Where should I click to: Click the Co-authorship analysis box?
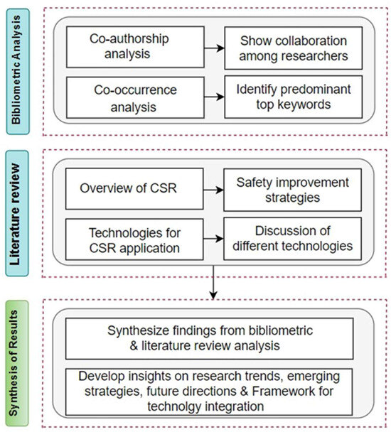point(135,47)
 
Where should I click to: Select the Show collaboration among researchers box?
point(294,48)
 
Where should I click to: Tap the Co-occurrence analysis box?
point(135,97)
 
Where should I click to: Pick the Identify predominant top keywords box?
point(294,97)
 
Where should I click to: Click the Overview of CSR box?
point(134,189)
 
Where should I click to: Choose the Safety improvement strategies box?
point(293,190)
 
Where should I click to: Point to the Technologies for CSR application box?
point(134,239)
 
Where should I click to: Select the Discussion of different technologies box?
point(293,239)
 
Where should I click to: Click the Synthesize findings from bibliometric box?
point(210,339)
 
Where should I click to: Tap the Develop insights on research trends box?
point(209,391)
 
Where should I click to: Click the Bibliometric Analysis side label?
point(18,71)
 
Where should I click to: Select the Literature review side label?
point(17,213)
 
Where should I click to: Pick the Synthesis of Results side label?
point(17,363)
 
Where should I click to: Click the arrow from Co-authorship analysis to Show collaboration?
point(214,48)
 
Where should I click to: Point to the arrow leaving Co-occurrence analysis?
point(214,97)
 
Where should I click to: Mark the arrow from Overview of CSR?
point(213,190)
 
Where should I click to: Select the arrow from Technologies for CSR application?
point(213,239)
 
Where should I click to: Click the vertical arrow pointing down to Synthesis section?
point(213,282)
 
